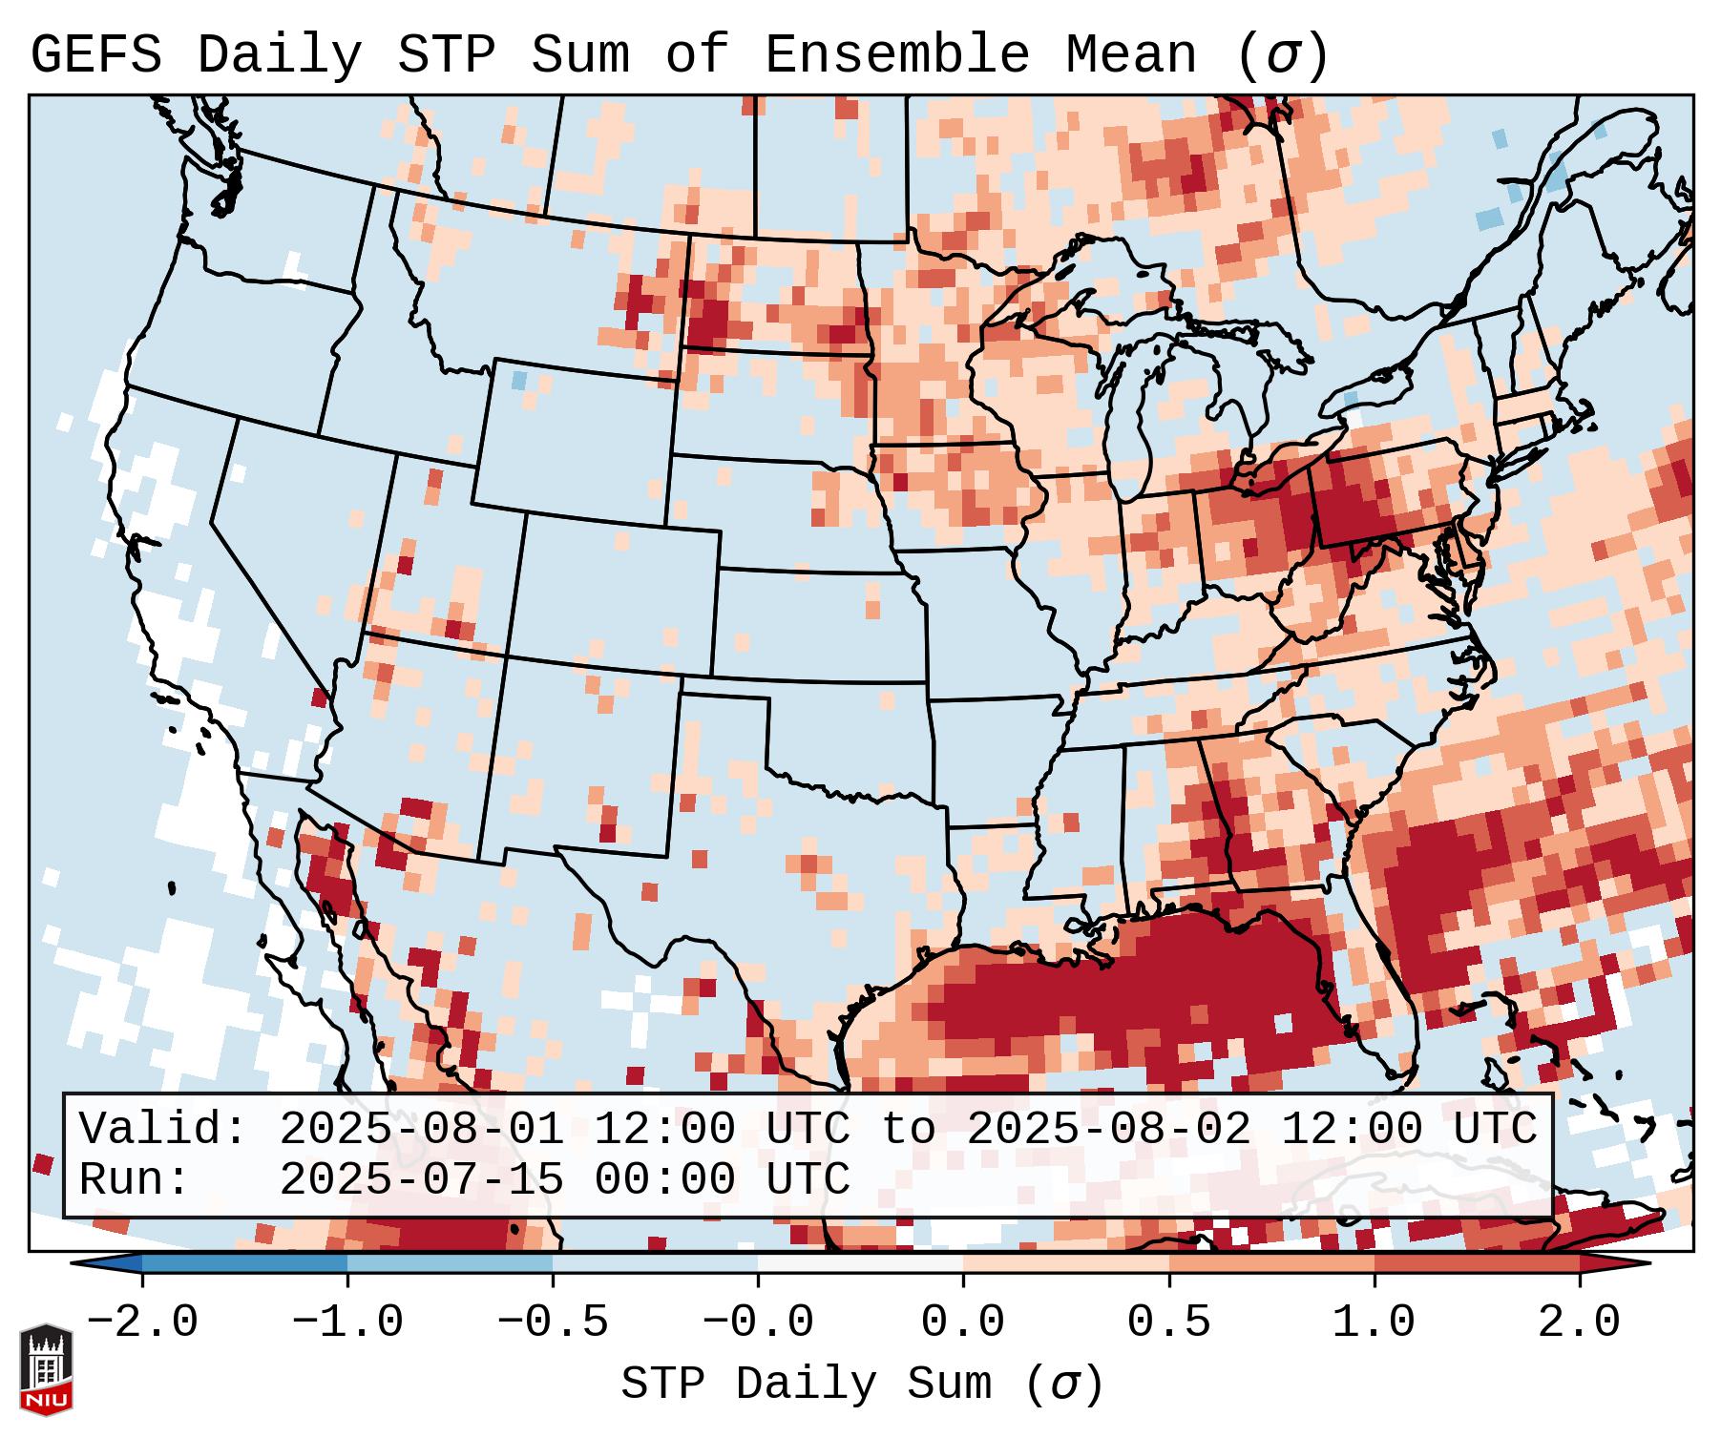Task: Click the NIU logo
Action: point(45,1368)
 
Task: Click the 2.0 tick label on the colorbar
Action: point(1579,1322)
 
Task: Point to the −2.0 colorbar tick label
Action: point(141,1322)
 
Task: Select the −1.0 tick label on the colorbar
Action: point(346,1322)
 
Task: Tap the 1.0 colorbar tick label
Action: point(1374,1322)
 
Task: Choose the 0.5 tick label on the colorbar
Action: point(1168,1322)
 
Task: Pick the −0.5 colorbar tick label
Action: point(553,1322)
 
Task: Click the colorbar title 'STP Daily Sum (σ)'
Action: point(862,1384)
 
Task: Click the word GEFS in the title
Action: point(96,54)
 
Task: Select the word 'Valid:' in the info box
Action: point(163,1129)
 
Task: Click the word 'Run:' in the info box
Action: point(134,1179)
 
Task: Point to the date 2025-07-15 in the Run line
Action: point(421,1179)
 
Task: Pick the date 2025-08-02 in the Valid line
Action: point(1108,1129)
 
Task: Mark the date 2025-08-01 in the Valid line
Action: point(421,1129)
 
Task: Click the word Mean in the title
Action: point(1131,54)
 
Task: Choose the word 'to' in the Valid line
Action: point(908,1129)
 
